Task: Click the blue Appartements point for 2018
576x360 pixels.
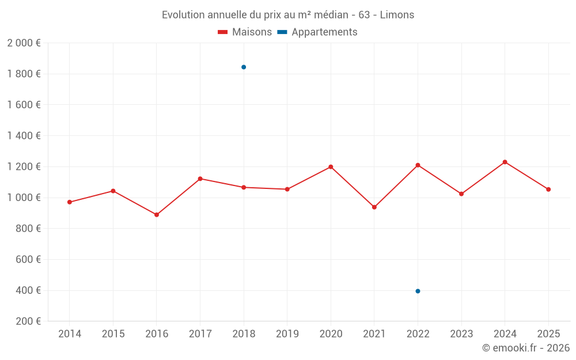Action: point(244,67)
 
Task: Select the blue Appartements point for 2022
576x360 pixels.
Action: point(418,291)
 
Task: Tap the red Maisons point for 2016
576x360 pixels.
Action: point(157,215)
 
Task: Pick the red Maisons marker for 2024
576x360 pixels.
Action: point(505,162)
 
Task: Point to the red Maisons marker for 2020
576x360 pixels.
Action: point(331,167)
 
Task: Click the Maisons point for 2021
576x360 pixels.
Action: point(374,207)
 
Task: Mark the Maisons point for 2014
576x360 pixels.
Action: point(70,202)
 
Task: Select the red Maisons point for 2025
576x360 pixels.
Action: point(548,190)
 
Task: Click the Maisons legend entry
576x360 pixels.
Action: point(245,32)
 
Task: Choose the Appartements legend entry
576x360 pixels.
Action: point(317,32)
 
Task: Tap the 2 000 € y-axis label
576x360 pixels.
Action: point(24,43)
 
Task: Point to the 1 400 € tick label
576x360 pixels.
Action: point(24,136)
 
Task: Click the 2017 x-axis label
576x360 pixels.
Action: point(200,334)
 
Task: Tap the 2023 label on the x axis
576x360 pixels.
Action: point(461,334)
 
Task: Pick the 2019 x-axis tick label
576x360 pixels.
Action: point(287,334)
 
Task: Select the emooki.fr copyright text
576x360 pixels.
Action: point(526,348)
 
